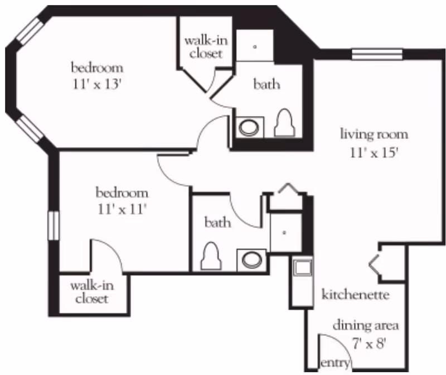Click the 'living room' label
point(374,134)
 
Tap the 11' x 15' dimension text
point(374,152)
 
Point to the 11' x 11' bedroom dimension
point(122,210)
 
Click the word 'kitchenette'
point(355,294)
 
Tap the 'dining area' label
point(366,325)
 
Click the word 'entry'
point(335,363)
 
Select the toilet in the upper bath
point(285,123)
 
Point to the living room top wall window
point(376,54)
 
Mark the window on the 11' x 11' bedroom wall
point(54,225)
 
